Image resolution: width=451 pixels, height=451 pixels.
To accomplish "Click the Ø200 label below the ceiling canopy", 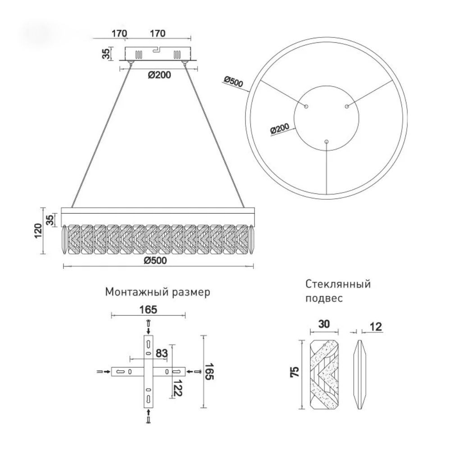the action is pyautogui.click(x=159, y=75).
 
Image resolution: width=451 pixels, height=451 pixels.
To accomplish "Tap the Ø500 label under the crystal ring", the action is pyautogui.click(x=155, y=260).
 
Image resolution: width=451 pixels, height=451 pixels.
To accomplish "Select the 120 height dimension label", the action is pyautogui.click(x=38, y=230).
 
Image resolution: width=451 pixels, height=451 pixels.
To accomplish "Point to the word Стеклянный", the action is pyautogui.click(x=338, y=284).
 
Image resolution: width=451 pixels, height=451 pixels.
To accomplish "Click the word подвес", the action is pyautogui.click(x=324, y=298).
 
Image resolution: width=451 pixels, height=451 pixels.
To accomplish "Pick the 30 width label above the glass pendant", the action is pyautogui.click(x=324, y=324).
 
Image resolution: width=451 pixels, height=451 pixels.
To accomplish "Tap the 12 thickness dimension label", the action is pyautogui.click(x=376, y=327).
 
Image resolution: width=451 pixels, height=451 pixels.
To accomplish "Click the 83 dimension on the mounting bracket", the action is pyautogui.click(x=161, y=353).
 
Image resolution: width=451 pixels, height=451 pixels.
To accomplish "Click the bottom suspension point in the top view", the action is pyautogui.click(x=326, y=142).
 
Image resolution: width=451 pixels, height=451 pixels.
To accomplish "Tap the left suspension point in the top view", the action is pyautogui.click(x=306, y=107).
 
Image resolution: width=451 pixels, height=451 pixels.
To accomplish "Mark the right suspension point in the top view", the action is pyautogui.click(x=347, y=107).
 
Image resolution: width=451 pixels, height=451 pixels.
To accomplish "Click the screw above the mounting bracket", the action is pyautogui.click(x=148, y=322).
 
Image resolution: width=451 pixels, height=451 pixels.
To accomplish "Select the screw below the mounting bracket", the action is pyautogui.click(x=148, y=420).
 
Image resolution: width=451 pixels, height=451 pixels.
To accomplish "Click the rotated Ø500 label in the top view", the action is pyautogui.click(x=234, y=82).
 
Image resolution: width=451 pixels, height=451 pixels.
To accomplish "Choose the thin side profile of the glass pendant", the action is pyautogui.click(x=359, y=374).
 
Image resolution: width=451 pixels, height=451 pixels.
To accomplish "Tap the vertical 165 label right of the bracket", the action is pyautogui.click(x=209, y=371).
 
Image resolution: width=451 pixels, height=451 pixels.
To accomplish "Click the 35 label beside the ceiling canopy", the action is pyautogui.click(x=107, y=54).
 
